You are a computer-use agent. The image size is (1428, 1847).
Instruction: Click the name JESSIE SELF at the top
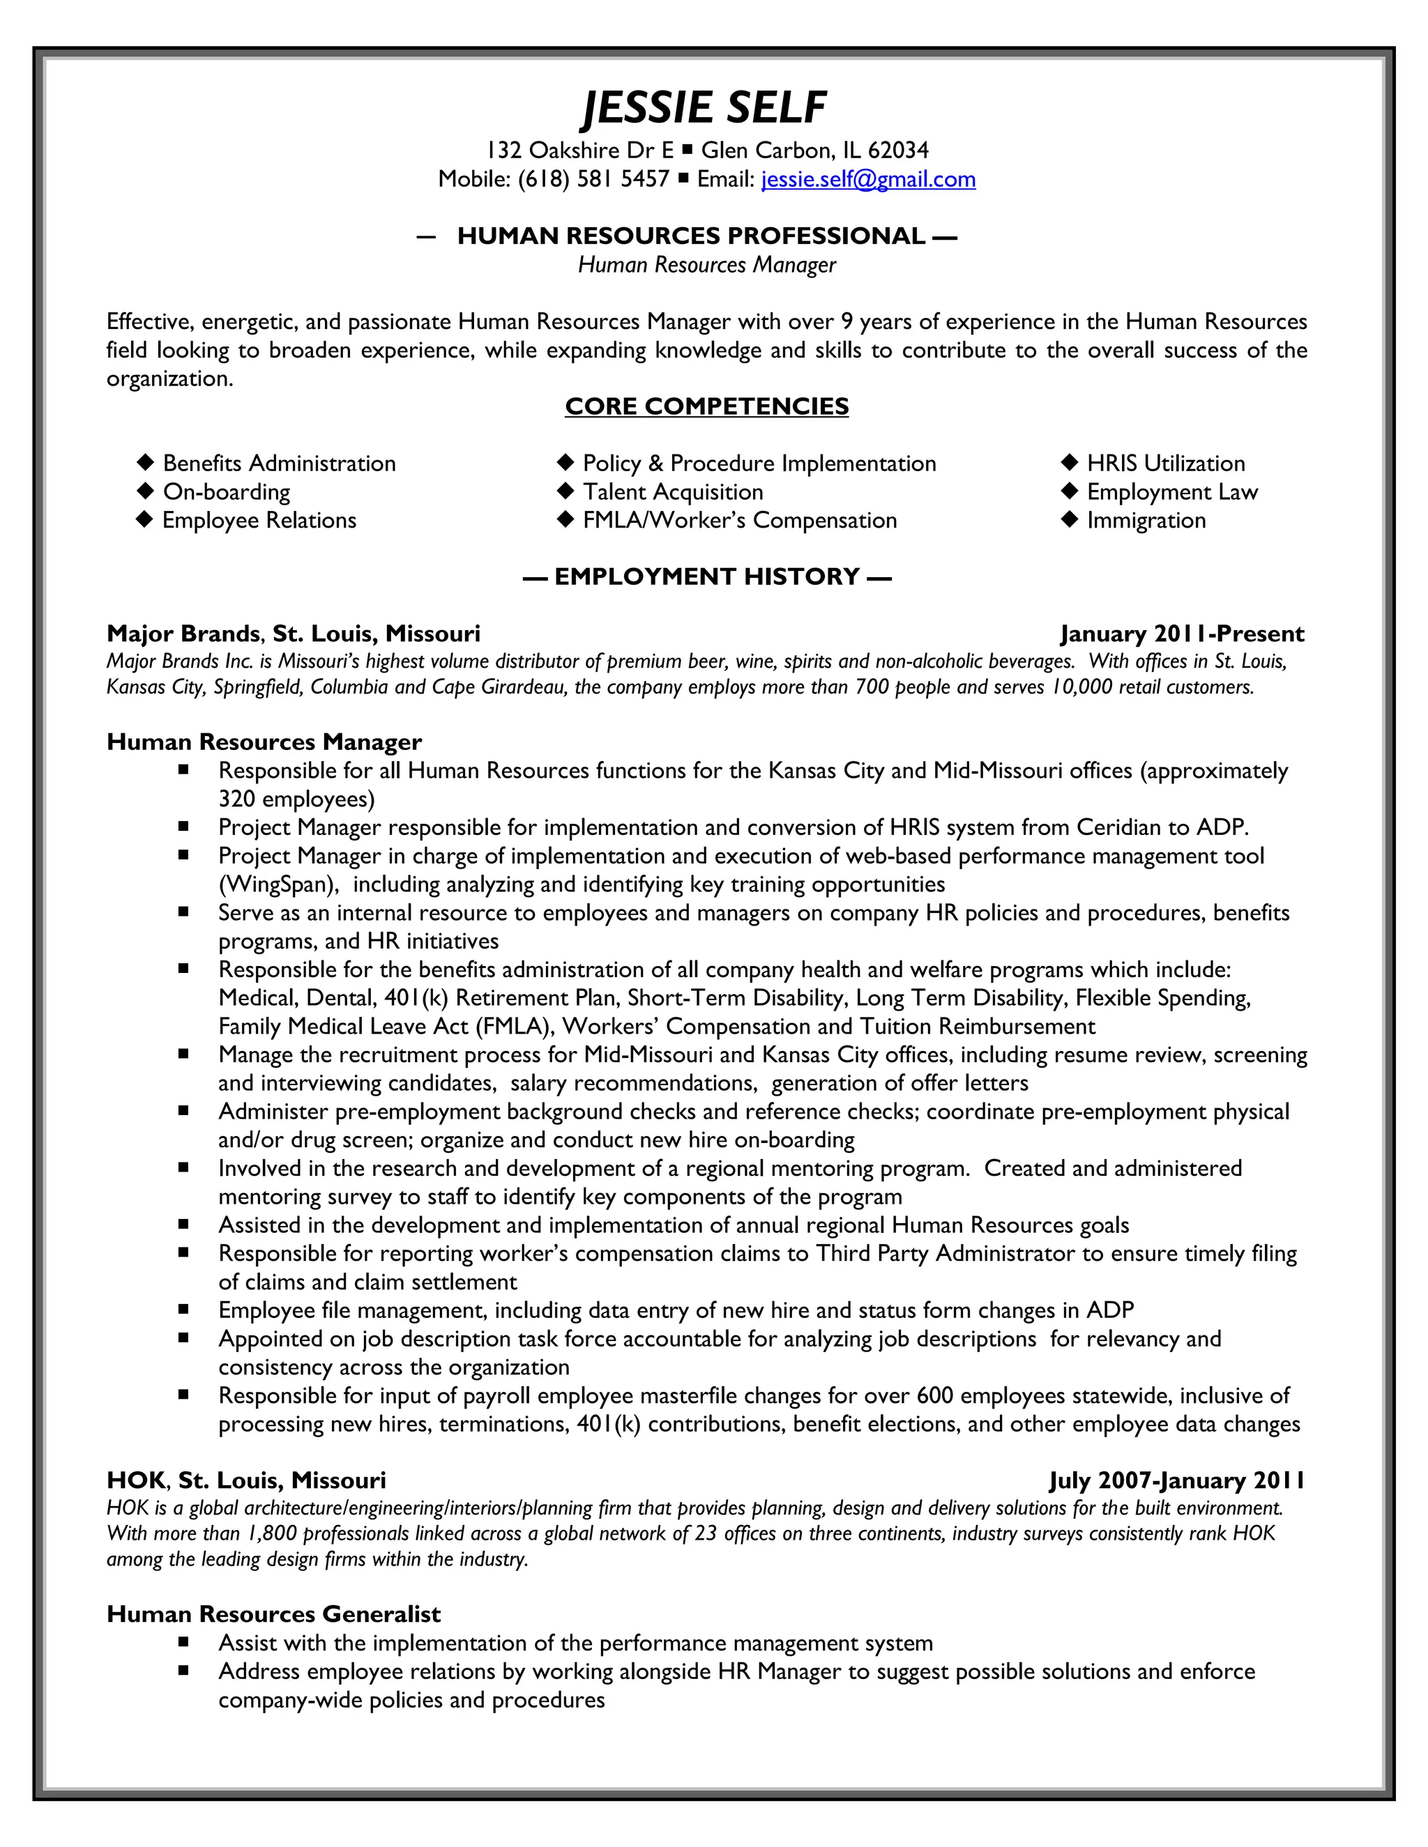click(x=705, y=108)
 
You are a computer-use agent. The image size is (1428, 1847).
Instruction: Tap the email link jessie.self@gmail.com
click(x=868, y=179)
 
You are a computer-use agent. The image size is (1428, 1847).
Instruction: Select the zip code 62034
click(x=897, y=151)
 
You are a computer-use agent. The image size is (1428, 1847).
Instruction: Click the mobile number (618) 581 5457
click(x=593, y=179)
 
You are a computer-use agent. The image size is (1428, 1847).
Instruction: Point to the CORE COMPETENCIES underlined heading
click(x=706, y=407)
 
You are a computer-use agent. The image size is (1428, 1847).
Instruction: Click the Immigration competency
click(x=1146, y=520)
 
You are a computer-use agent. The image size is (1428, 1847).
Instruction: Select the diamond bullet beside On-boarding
click(x=146, y=491)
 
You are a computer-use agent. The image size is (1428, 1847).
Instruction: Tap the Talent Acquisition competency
click(x=673, y=492)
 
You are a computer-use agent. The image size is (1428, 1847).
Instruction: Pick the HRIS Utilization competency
click(x=1165, y=463)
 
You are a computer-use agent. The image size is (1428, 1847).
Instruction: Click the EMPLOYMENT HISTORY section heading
click(x=706, y=577)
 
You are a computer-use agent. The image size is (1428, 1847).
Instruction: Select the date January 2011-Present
click(x=1181, y=634)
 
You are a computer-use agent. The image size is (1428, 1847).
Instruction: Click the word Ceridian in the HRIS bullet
click(x=1117, y=827)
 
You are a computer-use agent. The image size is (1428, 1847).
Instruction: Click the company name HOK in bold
click(x=135, y=1480)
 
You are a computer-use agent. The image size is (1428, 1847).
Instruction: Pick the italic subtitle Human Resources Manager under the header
click(x=706, y=266)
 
